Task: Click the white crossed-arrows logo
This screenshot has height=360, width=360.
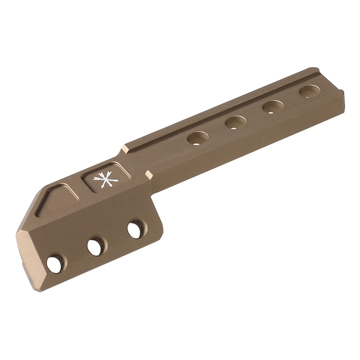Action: pyautogui.click(x=105, y=180)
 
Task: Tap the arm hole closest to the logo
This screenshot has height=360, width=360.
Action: pyautogui.click(x=198, y=138)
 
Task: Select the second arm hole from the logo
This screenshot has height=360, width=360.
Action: pyautogui.click(x=235, y=122)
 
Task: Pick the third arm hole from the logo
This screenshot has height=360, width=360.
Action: pyautogui.click(x=273, y=107)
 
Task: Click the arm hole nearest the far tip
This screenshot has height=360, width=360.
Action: pyautogui.click(x=310, y=91)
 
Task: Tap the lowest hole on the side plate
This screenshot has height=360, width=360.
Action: pyautogui.click(x=55, y=264)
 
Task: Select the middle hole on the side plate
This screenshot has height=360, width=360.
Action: pyautogui.click(x=95, y=247)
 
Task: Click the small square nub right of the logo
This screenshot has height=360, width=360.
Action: pyautogui.click(x=149, y=174)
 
